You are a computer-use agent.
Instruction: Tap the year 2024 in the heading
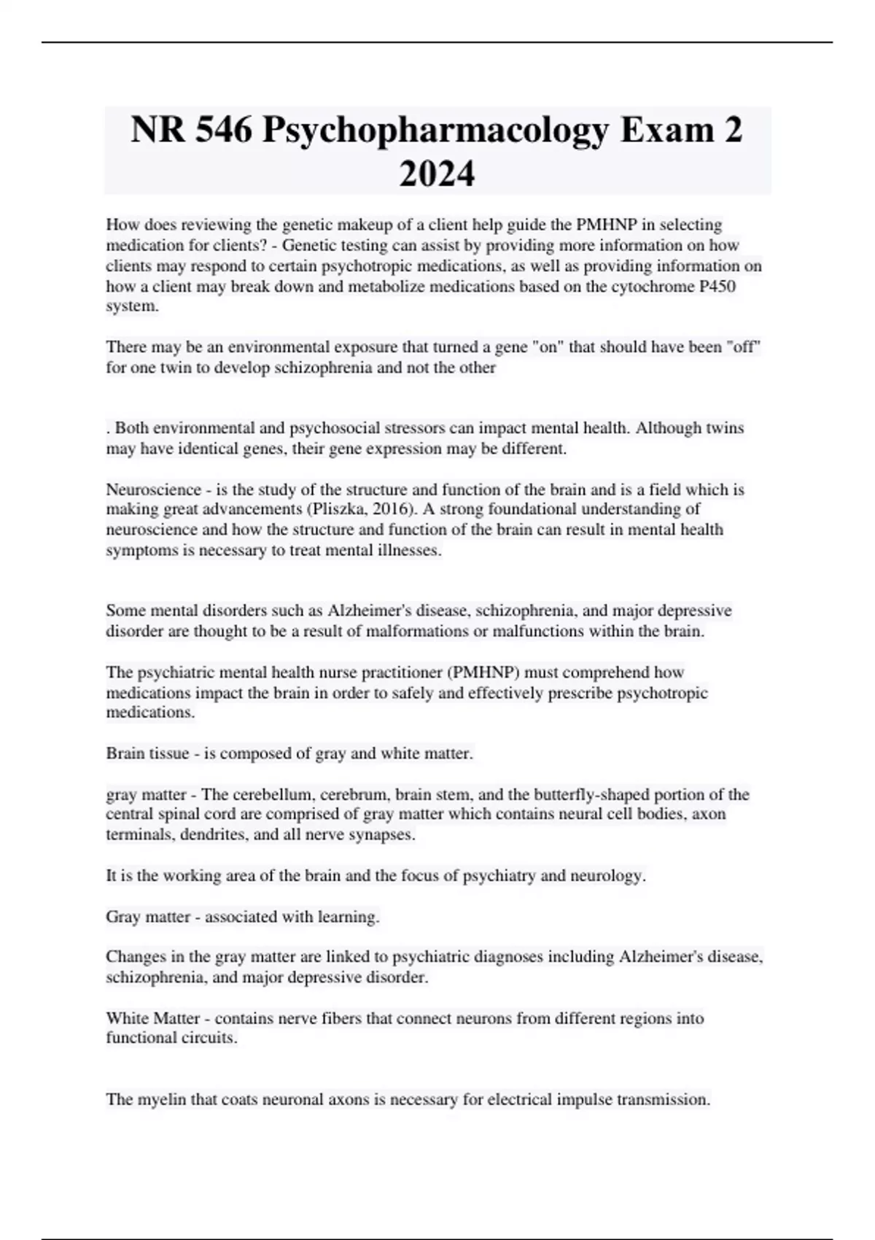pyautogui.click(x=437, y=174)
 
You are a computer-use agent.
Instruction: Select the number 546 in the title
pyautogui.click(x=222, y=130)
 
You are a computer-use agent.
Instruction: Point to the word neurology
pyautogui.click(x=610, y=876)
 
